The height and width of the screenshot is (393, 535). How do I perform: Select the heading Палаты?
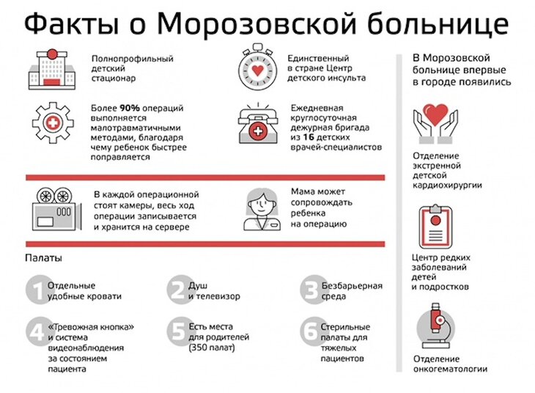click(x=43, y=259)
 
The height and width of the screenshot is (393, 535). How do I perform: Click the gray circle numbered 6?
click(x=311, y=331)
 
